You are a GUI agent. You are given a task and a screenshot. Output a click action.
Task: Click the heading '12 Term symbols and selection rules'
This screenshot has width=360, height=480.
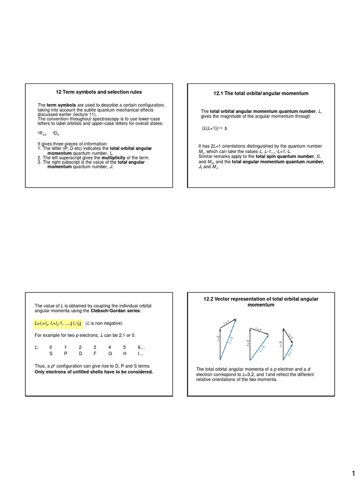point(98,92)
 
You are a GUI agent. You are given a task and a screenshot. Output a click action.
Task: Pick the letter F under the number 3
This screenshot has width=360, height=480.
point(95,354)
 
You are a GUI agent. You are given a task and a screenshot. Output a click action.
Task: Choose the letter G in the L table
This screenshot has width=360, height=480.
point(110,354)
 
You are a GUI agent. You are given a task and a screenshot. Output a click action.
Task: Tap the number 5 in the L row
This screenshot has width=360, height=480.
point(125,347)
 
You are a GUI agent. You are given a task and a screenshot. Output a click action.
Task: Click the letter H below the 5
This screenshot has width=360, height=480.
point(125,354)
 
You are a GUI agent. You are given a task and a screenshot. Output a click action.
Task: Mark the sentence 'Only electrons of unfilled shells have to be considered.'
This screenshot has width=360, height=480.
point(94,372)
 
